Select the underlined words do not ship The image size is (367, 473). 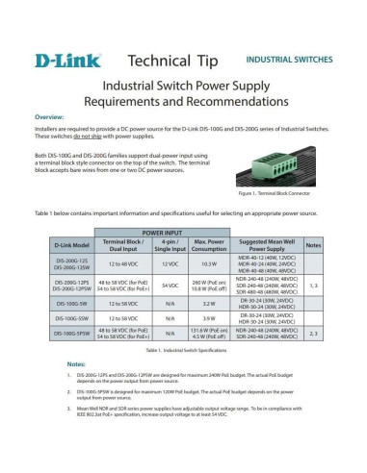pyautogui.click(x=100, y=135)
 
